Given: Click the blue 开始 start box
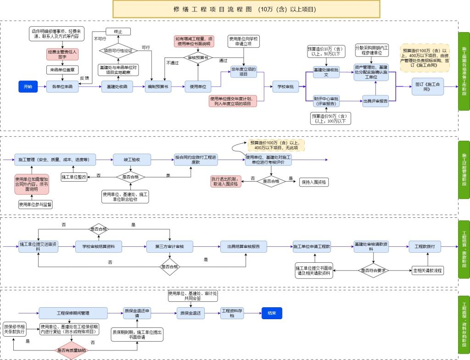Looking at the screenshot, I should [28, 86].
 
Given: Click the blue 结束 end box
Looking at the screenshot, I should [272, 313].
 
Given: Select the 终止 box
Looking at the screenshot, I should [118, 32].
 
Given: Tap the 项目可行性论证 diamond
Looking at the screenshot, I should [118, 50].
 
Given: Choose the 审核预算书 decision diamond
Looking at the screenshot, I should [198, 58].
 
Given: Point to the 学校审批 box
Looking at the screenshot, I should [285, 86].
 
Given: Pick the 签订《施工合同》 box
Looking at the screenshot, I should [427, 87].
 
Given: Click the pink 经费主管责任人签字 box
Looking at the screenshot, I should [62, 55].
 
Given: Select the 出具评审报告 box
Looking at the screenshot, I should [375, 101].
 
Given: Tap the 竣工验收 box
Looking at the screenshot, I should [132, 160].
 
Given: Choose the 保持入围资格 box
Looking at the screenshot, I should [314, 182].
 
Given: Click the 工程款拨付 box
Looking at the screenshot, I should [427, 247].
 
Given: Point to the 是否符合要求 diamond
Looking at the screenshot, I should [373, 270].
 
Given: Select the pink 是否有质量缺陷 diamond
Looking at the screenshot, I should [72, 350].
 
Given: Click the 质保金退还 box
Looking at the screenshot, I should [190, 313].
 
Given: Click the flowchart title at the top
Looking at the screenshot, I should [246, 9].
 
